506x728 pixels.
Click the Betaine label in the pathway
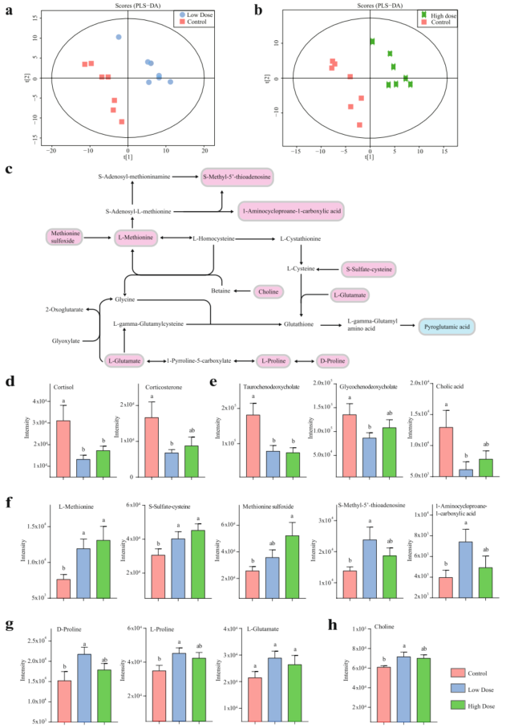tap(221, 291)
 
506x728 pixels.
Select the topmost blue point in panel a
tap(119, 37)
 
